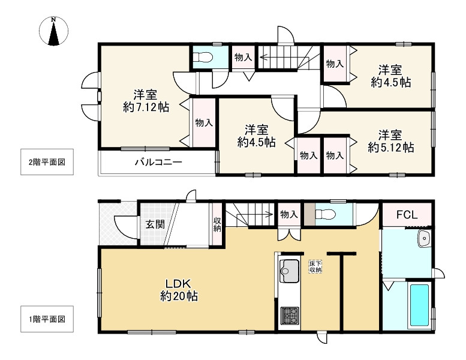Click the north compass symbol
click(x=54, y=32)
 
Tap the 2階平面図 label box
click(x=46, y=162)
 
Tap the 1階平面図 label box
click(x=46, y=319)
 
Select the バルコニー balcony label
click(x=158, y=162)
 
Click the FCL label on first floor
click(x=407, y=215)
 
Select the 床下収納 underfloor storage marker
click(x=315, y=267)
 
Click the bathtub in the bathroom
click(x=419, y=305)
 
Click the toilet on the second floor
click(x=204, y=58)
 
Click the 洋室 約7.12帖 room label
click(x=145, y=101)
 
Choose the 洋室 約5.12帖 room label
click(x=390, y=140)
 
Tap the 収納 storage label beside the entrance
click(x=217, y=224)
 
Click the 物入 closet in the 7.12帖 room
click(x=203, y=123)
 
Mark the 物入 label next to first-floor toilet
click(x=289, y=214)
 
